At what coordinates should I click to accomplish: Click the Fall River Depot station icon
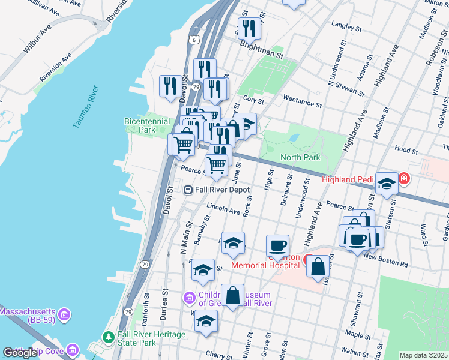click(188, 190)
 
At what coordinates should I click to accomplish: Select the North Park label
click(300, 157)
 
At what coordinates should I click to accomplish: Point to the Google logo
click(20, 353)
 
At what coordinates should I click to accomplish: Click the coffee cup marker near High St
click(277, 245)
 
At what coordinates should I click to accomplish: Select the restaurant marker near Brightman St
click(248, 28)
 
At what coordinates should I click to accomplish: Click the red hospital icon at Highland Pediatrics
click(404, 179)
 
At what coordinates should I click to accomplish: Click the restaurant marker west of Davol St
click(169, 85)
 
